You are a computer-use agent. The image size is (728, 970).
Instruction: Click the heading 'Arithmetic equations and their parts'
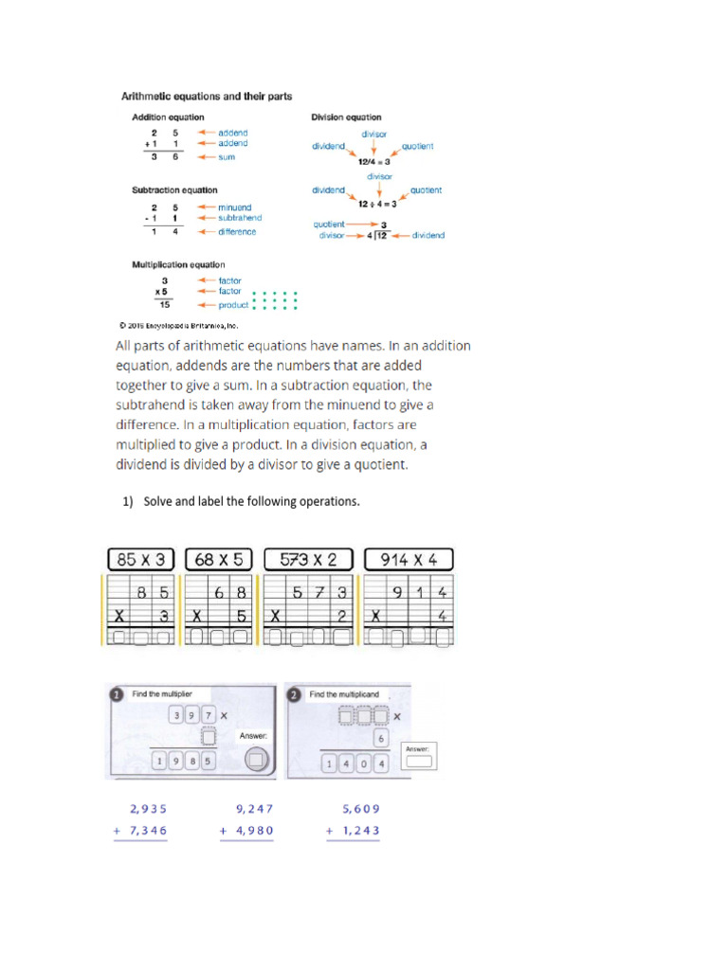tap(205, 96)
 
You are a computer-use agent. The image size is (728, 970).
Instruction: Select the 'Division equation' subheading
tap(346, 117)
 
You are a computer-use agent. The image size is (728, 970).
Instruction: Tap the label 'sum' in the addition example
tap(227, 157)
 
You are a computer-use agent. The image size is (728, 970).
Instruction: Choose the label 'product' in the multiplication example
tap(233, 305)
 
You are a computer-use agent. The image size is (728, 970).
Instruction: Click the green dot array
tap(276, 300)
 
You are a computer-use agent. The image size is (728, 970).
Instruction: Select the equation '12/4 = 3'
tap(373, 163)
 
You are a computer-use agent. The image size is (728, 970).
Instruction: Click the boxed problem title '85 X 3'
tap(140, 560)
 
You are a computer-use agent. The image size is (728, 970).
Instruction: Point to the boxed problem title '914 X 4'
tap(409, 560)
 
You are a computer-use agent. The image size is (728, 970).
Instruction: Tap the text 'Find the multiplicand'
tap(344, 694)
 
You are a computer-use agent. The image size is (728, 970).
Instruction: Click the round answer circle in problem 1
tap(254, 759)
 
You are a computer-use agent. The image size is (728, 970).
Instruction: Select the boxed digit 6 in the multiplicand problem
tap(379, 739)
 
